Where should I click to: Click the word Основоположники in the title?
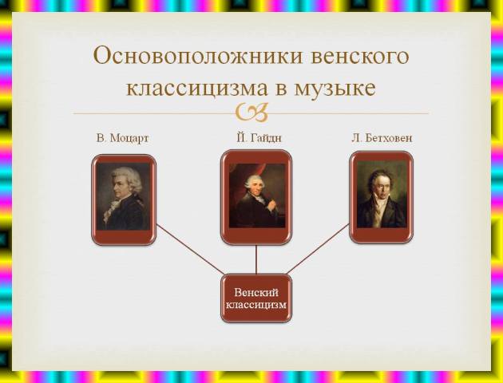point(198,56)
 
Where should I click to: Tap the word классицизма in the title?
point(197,88)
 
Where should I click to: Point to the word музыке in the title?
point(335,89)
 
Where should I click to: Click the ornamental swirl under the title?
point(252,113)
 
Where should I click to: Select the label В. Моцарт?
point(122,139)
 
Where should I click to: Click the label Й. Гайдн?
point(259,137)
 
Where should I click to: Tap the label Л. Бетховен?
point(382,138)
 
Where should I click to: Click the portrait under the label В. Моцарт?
point(124,196)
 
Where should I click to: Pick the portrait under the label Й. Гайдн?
point(257,195)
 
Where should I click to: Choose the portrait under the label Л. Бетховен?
point(382,194)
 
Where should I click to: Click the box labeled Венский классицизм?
point(256,298)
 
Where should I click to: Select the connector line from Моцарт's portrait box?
point(191,250)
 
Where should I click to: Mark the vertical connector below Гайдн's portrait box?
point(256,259)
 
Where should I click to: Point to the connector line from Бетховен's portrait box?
point(318,249)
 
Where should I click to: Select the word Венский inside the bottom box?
point(256,293)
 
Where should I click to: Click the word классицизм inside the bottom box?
point(256,304)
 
